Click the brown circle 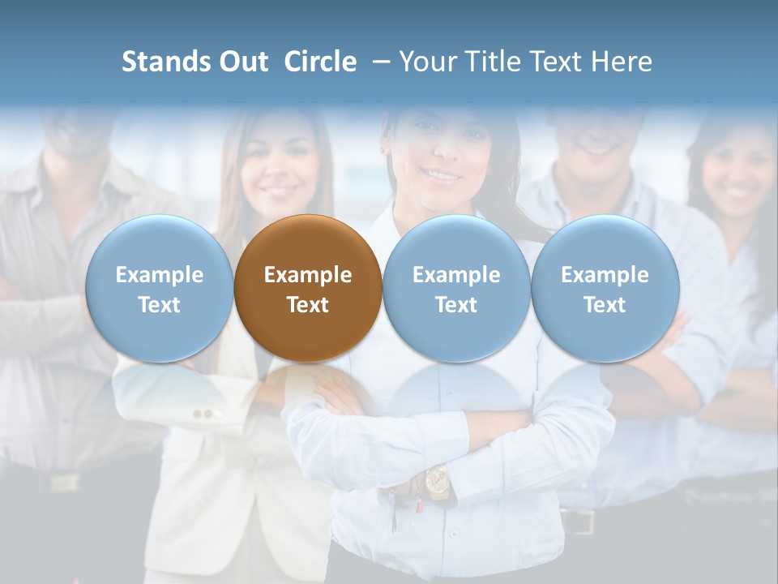pyautogui.click(x=308, y=288)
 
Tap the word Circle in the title pyautogui.click(x=320, y=62)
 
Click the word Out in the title pyautogui.click(x=244, y=62)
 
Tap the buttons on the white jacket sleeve pyautogui.click(x=208, y=414)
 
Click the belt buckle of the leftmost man pyautogui.click(x=63, y=482)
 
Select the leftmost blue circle pyautogui.click(x=159, y=288)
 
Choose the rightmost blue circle pyautogui.click(x=605, y=288)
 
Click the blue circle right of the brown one pyautogui.click(x=456, y=288)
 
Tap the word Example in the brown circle pyautogui.click(x=308, y=275)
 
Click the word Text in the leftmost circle pyautogui.click(x=159, y=305)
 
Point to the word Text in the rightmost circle pyautogui.click(x=605, y=305)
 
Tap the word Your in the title pyautogui.click(x=426, y=62)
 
